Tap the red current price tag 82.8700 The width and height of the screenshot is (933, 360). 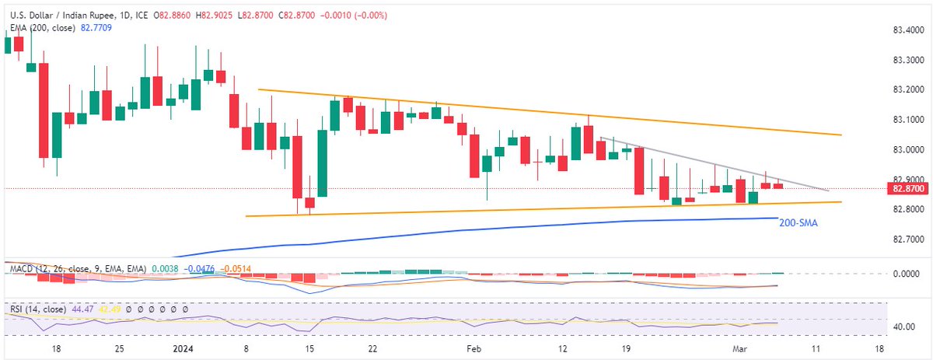(x=907, y=188)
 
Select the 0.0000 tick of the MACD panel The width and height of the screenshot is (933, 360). (x=903, y=274)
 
